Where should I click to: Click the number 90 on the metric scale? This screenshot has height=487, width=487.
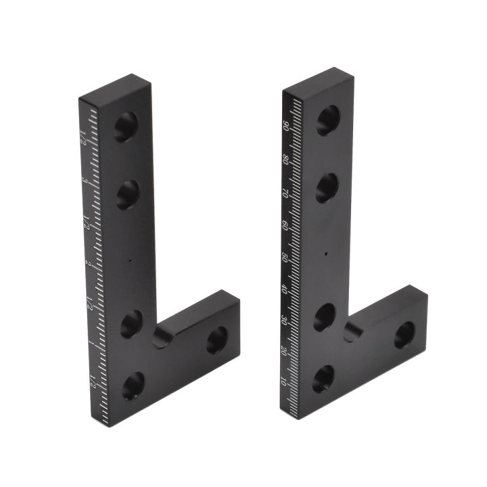point(286,126)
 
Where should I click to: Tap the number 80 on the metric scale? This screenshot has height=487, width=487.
point(286,161)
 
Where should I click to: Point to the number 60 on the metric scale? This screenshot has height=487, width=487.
point(285,225)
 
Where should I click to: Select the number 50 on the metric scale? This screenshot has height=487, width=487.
point(285,257)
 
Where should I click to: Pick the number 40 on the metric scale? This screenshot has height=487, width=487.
point(284,289)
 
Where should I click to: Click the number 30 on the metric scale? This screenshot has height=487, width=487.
point(283,321)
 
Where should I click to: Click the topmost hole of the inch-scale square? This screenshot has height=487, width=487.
point(125,126)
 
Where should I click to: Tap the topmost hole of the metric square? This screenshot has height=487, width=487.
point(328,120)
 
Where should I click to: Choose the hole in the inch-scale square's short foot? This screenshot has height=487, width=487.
point(216,340)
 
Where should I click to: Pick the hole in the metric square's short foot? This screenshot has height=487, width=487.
point(404,334)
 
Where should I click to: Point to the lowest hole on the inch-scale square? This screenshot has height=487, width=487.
point(133,386)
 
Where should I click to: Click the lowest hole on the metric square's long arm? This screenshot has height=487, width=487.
point(323,379)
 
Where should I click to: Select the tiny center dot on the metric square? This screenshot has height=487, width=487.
point(326,254)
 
